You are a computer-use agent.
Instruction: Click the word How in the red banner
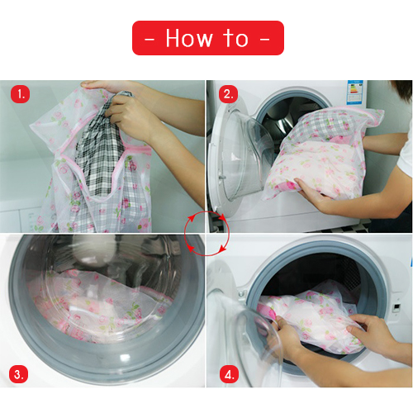click(x=189, y=38)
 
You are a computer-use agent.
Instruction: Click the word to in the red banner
click(x=235, y=38)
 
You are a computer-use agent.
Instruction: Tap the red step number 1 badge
click(x=20, y=94)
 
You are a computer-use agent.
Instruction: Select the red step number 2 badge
click(x=228, y=94)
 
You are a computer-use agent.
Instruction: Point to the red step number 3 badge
click(x=18, y=374)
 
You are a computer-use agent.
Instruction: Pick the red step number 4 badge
click(x=229, y=374)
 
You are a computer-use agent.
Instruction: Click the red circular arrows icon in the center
click(x=206, y=233)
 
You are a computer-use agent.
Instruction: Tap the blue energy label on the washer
click(x=355, y=93)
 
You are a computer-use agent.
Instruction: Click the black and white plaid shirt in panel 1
click(x=100, y=149)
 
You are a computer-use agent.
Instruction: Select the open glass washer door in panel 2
click(x=240, y=154)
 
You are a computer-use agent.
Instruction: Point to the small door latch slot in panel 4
click(x=396, y=307)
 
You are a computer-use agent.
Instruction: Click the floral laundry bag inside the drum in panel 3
click(x=102, y=306)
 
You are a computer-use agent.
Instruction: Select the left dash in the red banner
click(x=150, y=40)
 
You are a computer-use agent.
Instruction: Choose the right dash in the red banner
click(x=264, y=40)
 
